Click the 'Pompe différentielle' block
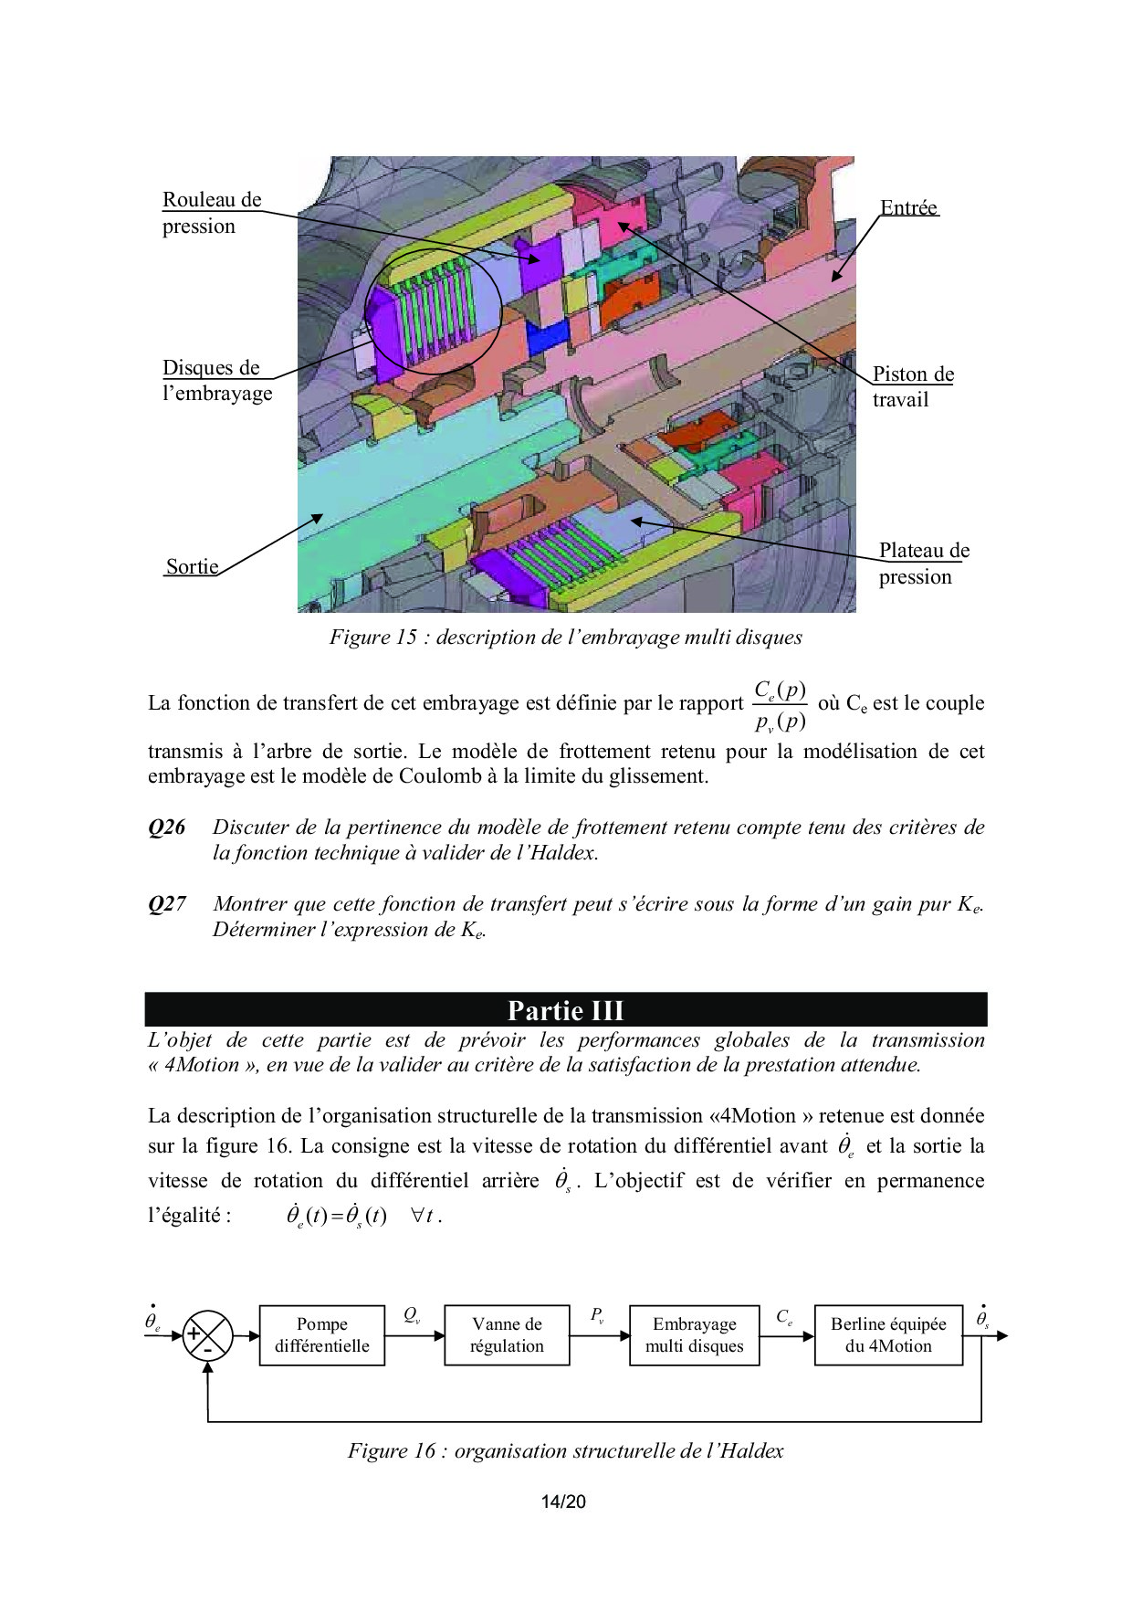321,1334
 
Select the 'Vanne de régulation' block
507,1334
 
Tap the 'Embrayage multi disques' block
694,1334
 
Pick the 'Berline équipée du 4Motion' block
888,1334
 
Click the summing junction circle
208,1335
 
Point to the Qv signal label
412,1315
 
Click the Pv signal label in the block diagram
597,1315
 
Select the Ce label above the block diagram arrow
784,1317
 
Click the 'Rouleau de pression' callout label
211,213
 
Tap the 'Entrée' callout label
908,208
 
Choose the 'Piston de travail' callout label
912,386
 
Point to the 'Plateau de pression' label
923,563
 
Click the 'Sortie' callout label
192,566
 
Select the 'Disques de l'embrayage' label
217,380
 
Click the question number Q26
167,827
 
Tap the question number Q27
167,904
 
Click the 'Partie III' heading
566,1010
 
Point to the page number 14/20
563,1502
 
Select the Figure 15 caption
566,638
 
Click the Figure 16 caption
566,1450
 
